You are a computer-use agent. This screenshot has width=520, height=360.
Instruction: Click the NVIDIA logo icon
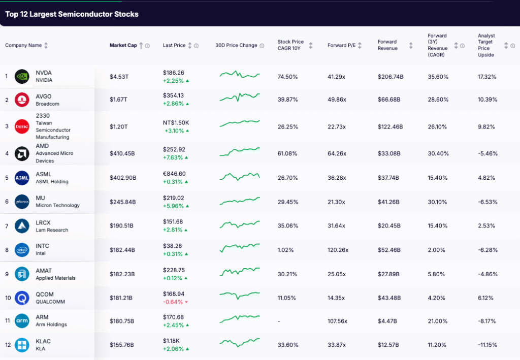click(22, 76)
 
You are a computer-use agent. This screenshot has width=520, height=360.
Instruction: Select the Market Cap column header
click(123, 45)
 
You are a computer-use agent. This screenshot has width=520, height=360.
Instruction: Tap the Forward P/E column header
click(341, 45)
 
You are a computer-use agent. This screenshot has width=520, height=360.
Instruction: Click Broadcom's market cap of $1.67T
click(118, 100)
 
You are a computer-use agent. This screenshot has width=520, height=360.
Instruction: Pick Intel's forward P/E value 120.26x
click(338, 250)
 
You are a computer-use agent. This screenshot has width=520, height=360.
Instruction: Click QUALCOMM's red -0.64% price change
click(173, 302)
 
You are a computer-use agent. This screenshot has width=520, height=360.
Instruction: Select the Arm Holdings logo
click(22, 321)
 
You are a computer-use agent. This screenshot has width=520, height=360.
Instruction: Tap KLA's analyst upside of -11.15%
click(487, 345)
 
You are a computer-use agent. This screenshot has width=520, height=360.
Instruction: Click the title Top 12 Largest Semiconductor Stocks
click(72, 14)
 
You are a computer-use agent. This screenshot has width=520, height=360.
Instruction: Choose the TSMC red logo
click(22, 126)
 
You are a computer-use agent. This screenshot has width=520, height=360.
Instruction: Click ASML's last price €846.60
click(174, 174)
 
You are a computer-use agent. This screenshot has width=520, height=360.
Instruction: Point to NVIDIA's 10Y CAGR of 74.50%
click(287, 77)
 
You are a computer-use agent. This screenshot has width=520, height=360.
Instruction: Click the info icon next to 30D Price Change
click(262, 46)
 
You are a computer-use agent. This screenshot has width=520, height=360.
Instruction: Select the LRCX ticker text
click(43, 222)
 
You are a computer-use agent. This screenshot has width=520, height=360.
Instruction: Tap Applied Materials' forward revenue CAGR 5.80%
click(437, 274)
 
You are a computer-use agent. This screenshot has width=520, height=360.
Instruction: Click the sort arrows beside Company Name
click(46, 45)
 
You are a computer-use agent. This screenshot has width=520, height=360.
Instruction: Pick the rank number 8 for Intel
click(7, 250)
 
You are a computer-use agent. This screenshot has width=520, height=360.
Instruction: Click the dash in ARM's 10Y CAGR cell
click(279, 321)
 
